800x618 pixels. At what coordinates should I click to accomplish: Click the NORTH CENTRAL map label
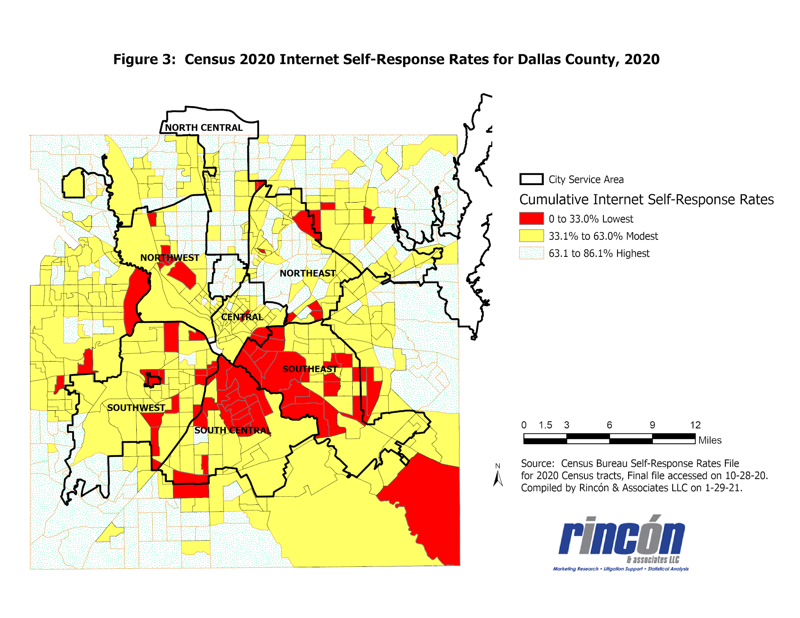coord(204,128)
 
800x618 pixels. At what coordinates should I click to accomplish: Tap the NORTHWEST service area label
coord(170,258)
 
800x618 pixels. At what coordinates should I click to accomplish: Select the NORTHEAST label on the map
coord(308,273)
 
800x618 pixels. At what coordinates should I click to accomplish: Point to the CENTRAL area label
coord(242,317)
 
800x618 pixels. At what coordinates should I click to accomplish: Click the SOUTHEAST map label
coord(310,369)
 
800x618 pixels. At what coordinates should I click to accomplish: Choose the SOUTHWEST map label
coord(136,408)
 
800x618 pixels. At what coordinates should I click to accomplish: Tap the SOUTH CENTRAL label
coord(233,430)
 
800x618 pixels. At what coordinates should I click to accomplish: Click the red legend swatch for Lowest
coord(531,219)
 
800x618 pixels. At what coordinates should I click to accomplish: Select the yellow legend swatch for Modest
coord(531,236)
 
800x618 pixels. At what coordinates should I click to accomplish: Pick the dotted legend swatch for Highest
coord(531,253)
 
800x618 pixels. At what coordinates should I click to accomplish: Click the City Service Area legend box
coord(531,179)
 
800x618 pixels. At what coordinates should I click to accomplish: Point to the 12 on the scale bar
coord(695,425)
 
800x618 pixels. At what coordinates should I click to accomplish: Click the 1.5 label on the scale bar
coord(545,425)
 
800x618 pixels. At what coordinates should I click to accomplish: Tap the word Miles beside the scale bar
coord(710,440)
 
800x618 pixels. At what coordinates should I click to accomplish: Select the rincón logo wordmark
coord(622,537)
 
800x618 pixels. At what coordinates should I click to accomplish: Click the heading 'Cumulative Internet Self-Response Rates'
coord(646,199)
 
